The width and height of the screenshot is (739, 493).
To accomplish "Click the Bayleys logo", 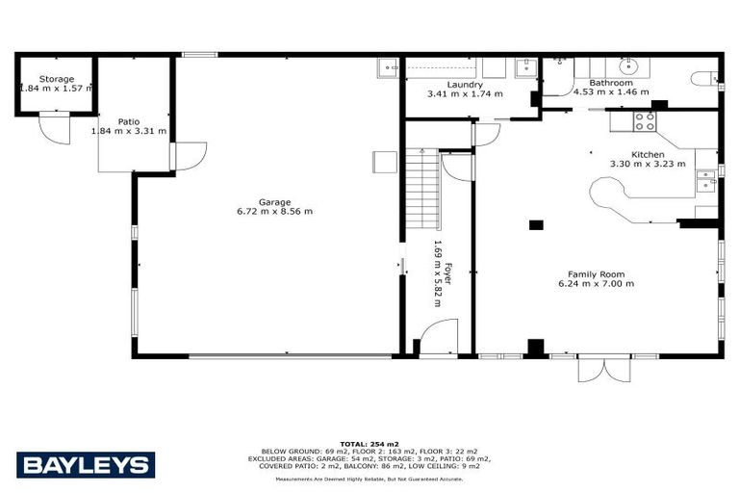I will pos(85,465).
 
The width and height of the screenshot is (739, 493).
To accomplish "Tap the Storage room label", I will pos(56,79).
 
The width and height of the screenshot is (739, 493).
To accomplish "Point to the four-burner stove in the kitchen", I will pos(644,121).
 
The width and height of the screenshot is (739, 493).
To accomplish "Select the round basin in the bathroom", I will pos(629,66).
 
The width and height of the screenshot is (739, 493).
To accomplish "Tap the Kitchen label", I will pos(648,154).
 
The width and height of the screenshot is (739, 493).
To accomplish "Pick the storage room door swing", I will pos(55,129).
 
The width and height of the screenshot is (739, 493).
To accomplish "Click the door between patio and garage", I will pos(189,155).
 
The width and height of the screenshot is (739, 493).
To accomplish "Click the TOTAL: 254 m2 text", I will pos(369,442).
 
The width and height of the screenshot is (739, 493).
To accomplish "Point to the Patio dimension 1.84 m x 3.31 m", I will pos(129,131).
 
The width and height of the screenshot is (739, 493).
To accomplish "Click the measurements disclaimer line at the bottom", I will pos(369,478).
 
